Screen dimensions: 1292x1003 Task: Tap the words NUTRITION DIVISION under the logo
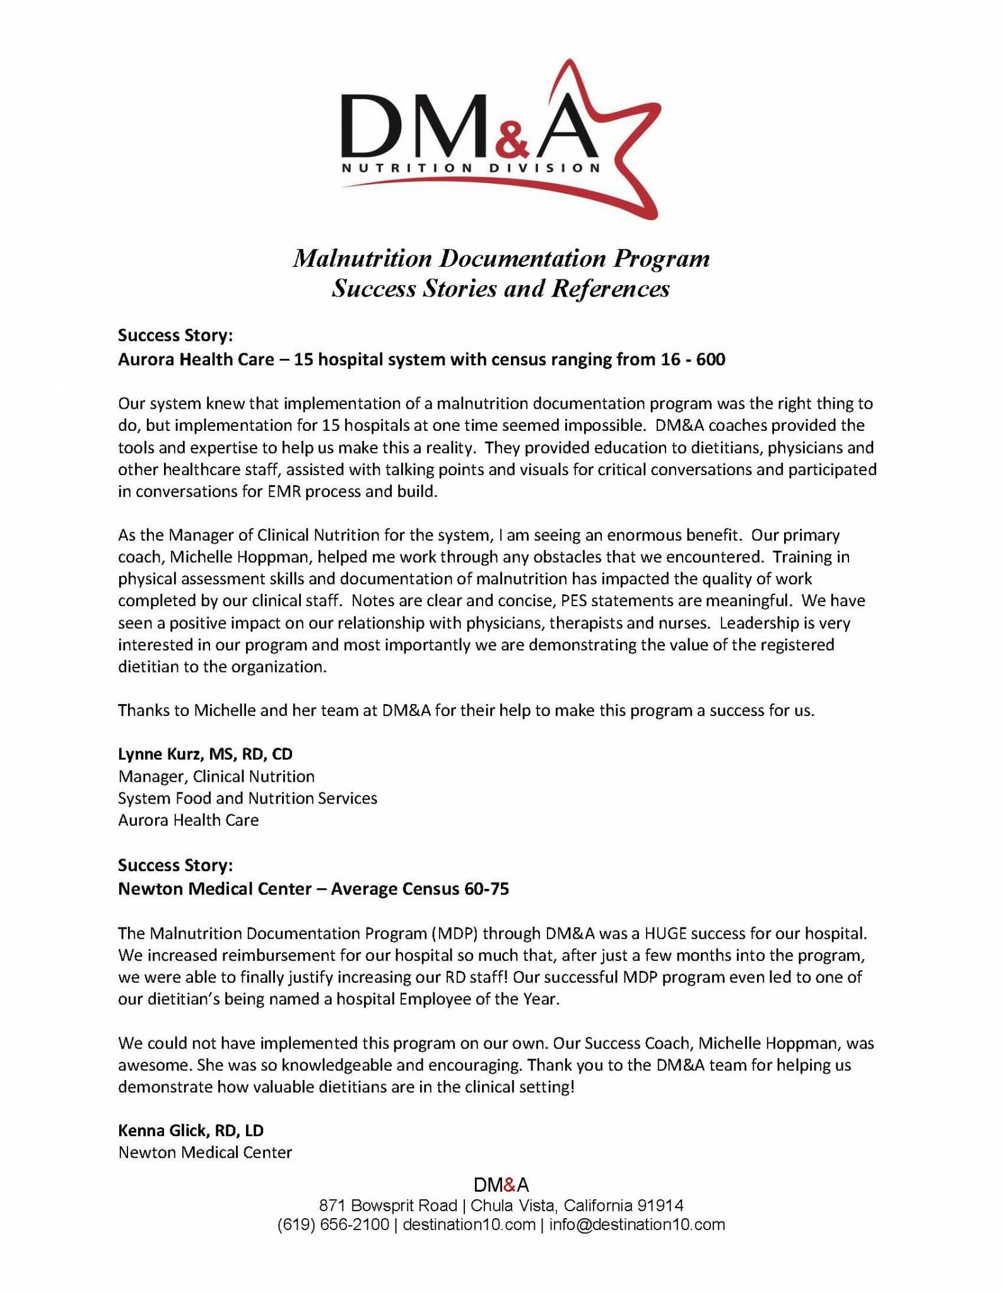[x=470, y=168]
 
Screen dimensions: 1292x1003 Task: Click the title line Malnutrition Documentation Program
[x=501, y=259]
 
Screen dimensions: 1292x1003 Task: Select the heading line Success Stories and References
[x=501, y=289]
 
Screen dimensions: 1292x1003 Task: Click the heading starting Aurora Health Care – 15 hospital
[x=421, y=360]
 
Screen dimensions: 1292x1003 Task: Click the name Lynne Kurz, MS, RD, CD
[x=205, y=754]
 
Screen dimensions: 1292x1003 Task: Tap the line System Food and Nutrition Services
[x=247, y=798]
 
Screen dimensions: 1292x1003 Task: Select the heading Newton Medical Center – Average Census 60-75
[x=313, y=889]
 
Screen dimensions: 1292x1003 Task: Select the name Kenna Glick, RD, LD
[x=191, y=1130]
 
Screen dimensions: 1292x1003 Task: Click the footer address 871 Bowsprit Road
[x=387, y=1206]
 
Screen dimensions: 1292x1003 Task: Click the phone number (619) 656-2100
[x=333, y=1225]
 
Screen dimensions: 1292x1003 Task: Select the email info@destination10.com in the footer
[x=636, y=1225]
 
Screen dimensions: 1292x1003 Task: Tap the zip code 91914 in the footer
[x=660, y=1206]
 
